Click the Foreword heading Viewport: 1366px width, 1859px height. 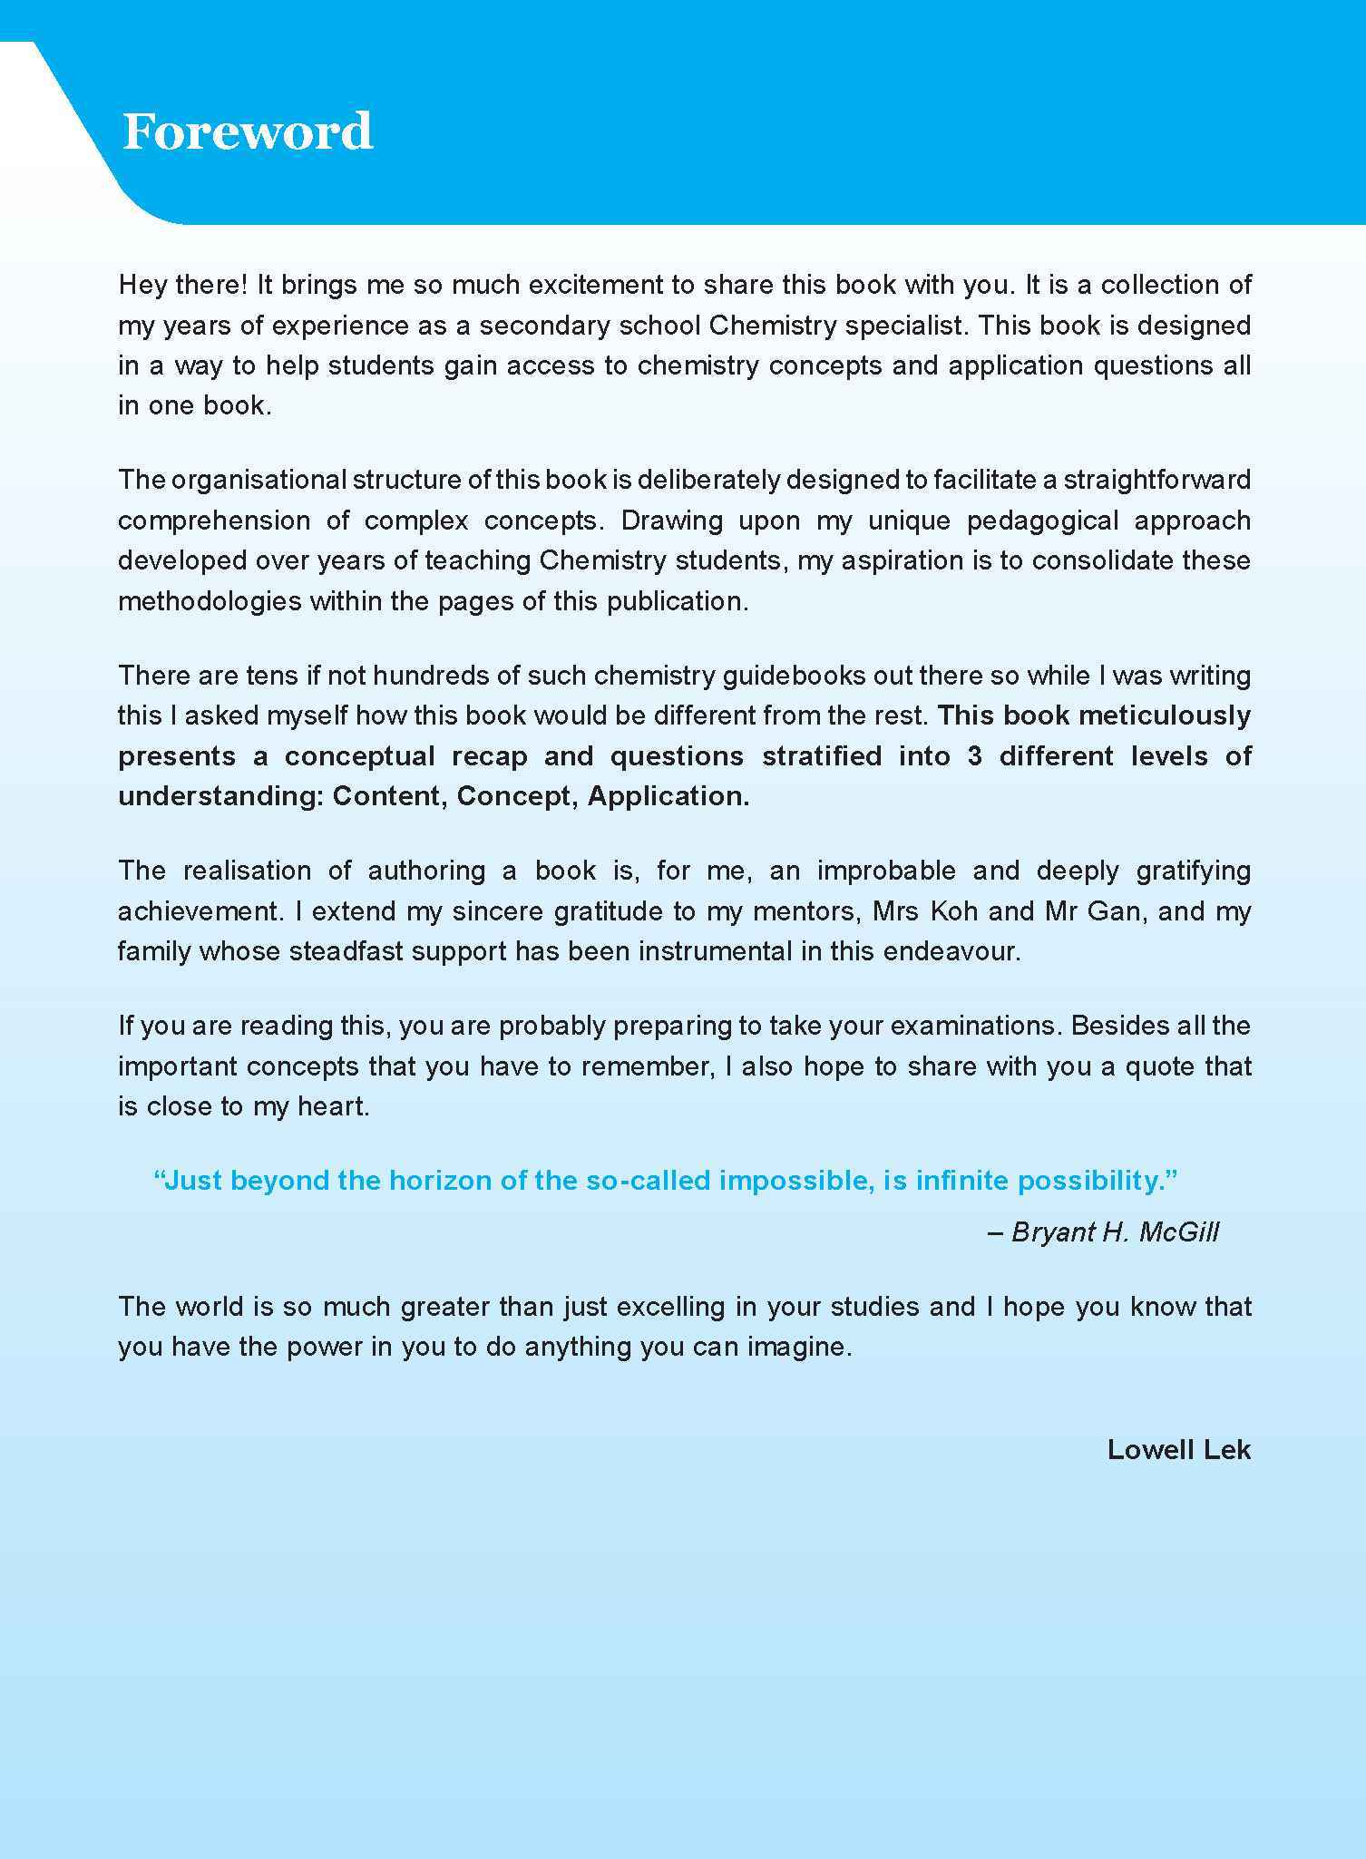pos(247,132)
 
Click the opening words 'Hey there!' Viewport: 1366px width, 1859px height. pos(182,285)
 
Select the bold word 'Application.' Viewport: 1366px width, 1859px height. pos(668,796)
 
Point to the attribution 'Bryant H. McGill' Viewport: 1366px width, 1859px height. pos(1115,1232)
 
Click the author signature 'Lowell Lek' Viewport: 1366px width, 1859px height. pos(1178,1450)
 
